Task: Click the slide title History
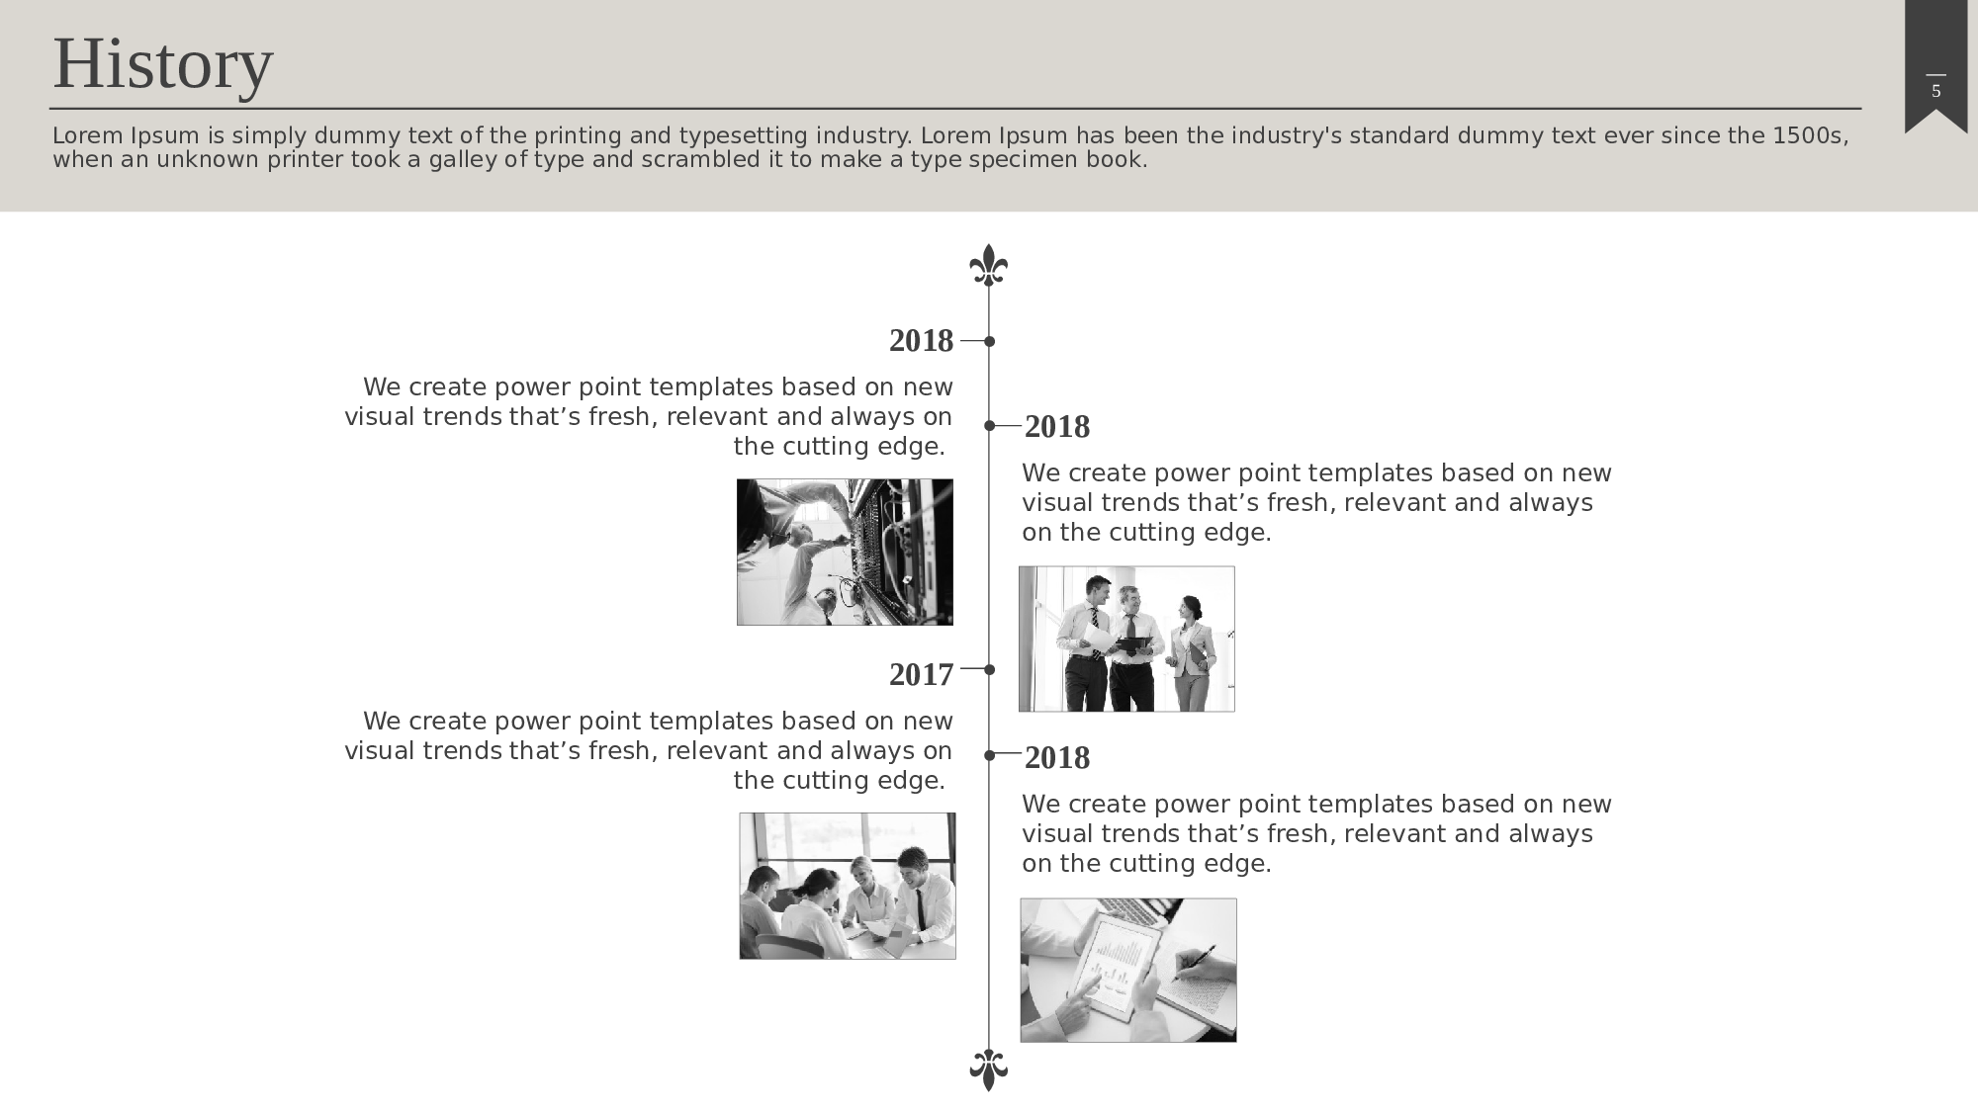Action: pos(162,64)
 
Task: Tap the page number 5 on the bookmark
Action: pos(1935,92)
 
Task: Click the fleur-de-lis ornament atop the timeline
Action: pos(988,266)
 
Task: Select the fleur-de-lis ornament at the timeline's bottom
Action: pos(988,1069)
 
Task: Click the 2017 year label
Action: pos(921,674)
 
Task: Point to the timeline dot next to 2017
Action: pos(989,669)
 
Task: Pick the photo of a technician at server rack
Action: pos(845,552)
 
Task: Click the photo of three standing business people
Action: pos(1126,639)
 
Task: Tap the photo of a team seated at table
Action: pos(848,886)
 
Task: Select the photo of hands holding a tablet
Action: pos(1128,970)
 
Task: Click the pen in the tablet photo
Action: pos(1195,963)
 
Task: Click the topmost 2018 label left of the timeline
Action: pos(921,341)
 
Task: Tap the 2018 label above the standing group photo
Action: pos(1057,427)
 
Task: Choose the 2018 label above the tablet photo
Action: pos(1057,758)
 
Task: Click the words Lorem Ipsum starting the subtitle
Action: pos(126,135)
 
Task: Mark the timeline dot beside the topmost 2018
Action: pos(989,341)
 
